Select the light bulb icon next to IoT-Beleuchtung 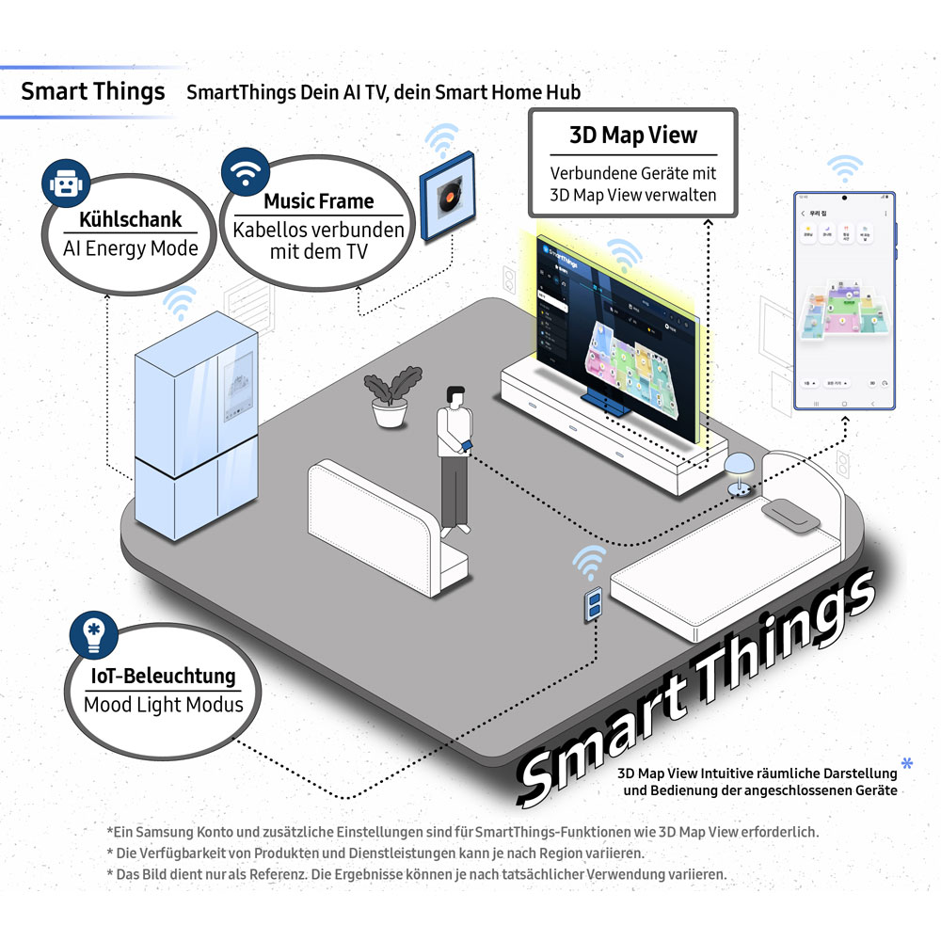pyautogui.click(x=93, y=635)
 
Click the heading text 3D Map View pyautogui.click(x=633, y=135)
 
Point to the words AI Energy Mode pyautogui.click(x=131, y=248)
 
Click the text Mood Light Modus pyautogui.click(x=163, y=705)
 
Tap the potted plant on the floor pyautogui.click(x=389, y=399)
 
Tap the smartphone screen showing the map pyautogui.click(x=844, y=301)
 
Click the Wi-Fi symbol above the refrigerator pyautogui.click(x=179, y=303)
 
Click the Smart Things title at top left pyautogui.click(x=92, y=91)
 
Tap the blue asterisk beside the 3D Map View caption pyautogui.click(x=906, y=761)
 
